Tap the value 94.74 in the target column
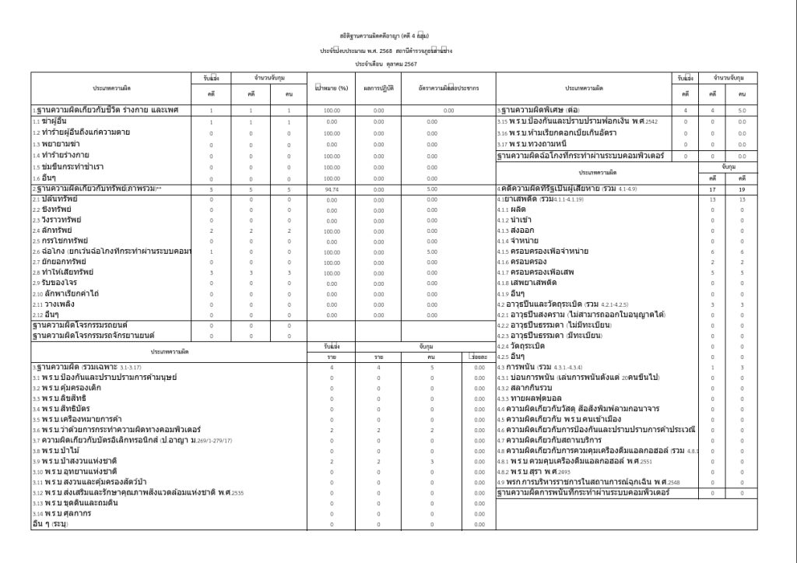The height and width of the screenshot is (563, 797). tap(332, 188)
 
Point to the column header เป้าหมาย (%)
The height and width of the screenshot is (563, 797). tap(331, 89)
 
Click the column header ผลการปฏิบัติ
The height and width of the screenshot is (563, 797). tap(379, 89)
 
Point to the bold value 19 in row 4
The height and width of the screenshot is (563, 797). tap(742, 189)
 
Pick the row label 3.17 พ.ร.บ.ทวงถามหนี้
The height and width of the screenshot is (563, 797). tap(538, 144)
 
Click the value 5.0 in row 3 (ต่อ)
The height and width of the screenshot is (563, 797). tap(742, 111)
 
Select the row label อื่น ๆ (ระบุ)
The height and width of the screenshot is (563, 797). tap(51, 524)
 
